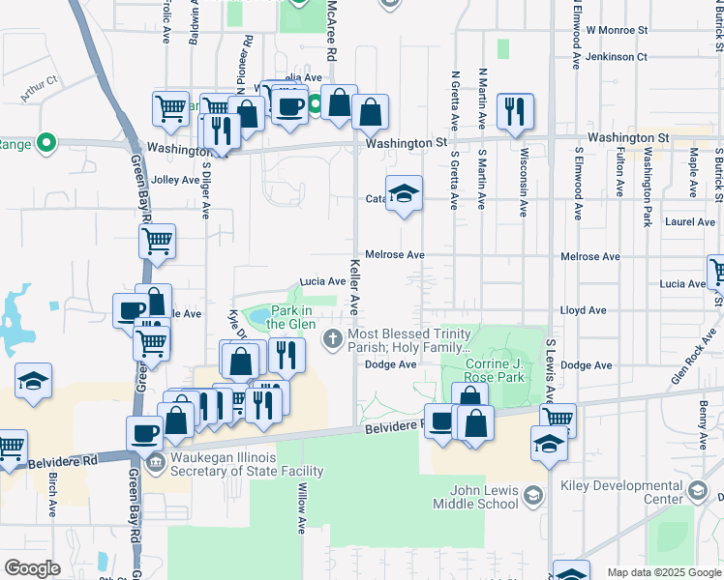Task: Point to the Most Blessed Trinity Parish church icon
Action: point(333,337)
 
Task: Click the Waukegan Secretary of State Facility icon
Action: point(155,464)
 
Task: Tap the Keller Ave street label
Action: point(354,286)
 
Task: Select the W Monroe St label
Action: point(617,31)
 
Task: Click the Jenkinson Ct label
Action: point(617,57)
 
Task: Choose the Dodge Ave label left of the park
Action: point(391,364)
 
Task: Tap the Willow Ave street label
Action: point(302,508)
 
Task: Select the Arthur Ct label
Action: point(40,87)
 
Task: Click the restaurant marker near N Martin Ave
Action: point(515,110)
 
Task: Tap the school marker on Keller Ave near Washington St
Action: point(404,193)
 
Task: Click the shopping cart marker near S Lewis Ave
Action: point(558,419)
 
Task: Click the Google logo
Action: point(33,568)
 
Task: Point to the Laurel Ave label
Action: point(690,221)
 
